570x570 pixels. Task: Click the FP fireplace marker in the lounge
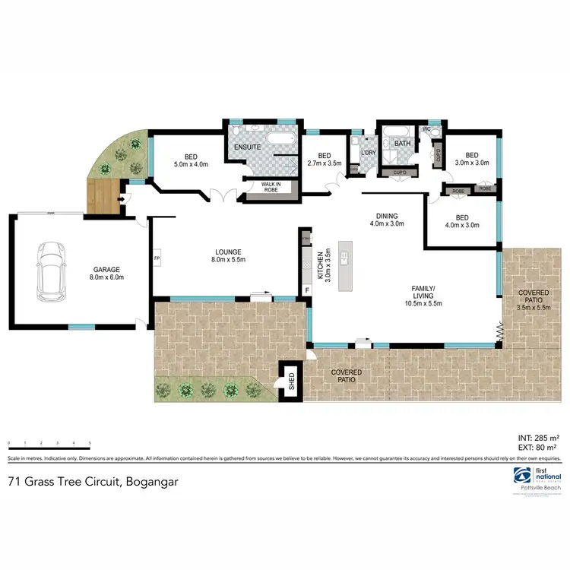point(157,258)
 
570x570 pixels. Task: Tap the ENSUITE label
point(248,146)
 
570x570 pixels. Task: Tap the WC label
point(426,129)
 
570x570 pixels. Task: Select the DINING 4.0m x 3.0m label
point(386,219)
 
